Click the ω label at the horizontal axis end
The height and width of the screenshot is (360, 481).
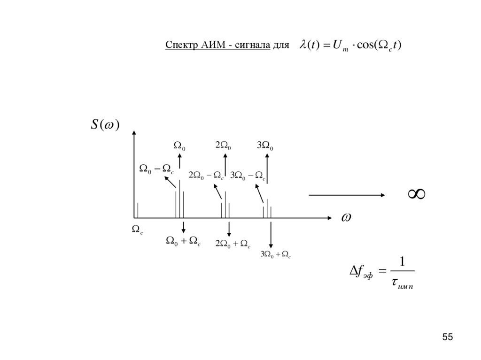click(346, 217)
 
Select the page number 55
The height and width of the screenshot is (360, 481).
click(448, 337)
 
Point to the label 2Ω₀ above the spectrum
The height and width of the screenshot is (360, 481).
click(223, 146)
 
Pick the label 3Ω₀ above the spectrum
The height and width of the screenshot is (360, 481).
click(265, 146)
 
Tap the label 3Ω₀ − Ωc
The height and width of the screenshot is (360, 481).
click(248, 175)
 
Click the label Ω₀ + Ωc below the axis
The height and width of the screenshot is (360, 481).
click(183, 241)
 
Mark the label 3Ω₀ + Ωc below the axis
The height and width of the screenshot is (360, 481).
click(276, 254)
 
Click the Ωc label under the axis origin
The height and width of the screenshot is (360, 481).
click(138, 230)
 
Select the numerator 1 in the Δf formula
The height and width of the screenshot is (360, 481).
click(402, 261)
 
